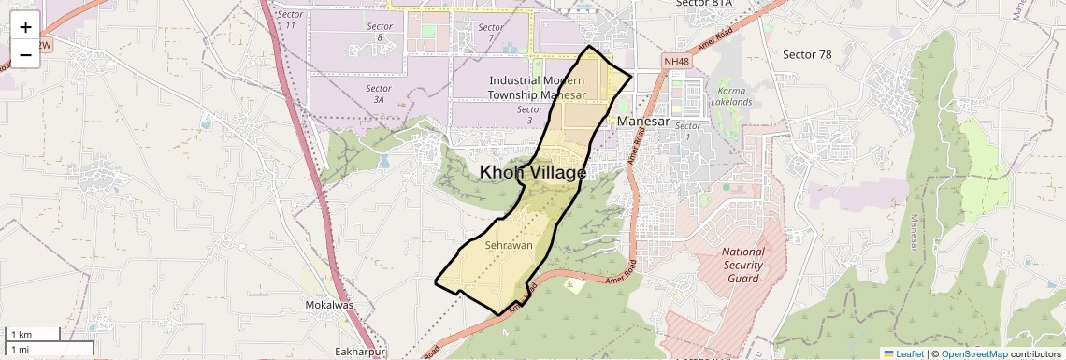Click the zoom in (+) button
pyautogui.click(x=25, y=27)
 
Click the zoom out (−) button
pyautogui.click(x=25, y=55)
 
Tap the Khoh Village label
pyautogui.click(x=533, y=172)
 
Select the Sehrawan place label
pyautogui.click(x=509, y=245)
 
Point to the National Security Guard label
pyautogui.click(x=743, y=265)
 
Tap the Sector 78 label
pyautogui.click(x=807, y=54)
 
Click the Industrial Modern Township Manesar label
pyautogui.click(x=537, y=88)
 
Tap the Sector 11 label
pyautogui.click(x=292, y=19)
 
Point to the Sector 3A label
pyautogui.click(x=378, y=94)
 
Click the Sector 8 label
pyautogui.click(x=380, y=32)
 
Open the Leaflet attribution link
pyautogui.click(x=903, y=353)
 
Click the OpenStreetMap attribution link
pyautogui.click(x=973, y=353)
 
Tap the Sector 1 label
pyautogui.click(x=688, y=131)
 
